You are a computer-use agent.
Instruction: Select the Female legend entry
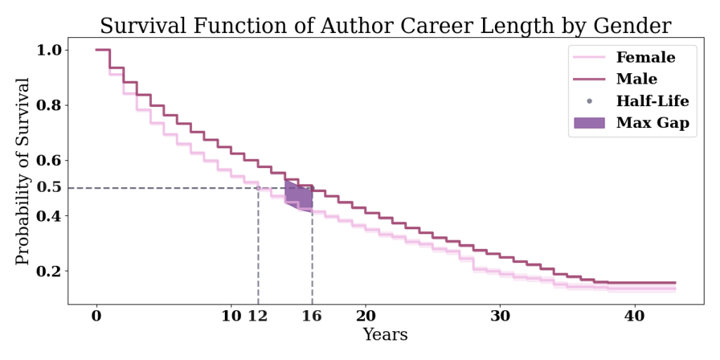coord(645,58)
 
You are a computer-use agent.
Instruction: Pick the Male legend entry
coord(636,79)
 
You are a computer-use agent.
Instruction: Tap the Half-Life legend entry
coord(652,101)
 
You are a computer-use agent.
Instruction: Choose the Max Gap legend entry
coord(652,123)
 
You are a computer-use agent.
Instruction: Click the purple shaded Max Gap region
coord(299,194)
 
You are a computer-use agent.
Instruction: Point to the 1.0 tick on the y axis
coord(50,50)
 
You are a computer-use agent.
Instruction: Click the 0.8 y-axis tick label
coord(50,105)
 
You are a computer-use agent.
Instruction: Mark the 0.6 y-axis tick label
coord(50,160)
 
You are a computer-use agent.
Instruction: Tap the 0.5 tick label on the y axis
coord(50,188)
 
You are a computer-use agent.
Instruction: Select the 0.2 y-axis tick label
coord(50,271)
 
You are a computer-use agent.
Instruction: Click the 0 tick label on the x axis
coord(96,316)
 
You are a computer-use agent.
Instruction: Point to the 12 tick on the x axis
coord(258,316)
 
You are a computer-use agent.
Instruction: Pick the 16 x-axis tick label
coord(311,316)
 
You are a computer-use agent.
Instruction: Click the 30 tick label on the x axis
coord(500,316)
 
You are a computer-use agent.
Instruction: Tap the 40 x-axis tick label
coord(635,316)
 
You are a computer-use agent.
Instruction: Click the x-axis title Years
coord(385,335)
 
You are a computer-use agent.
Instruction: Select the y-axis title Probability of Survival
coord(23,172)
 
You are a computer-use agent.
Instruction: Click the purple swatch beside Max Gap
coord(589,123)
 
